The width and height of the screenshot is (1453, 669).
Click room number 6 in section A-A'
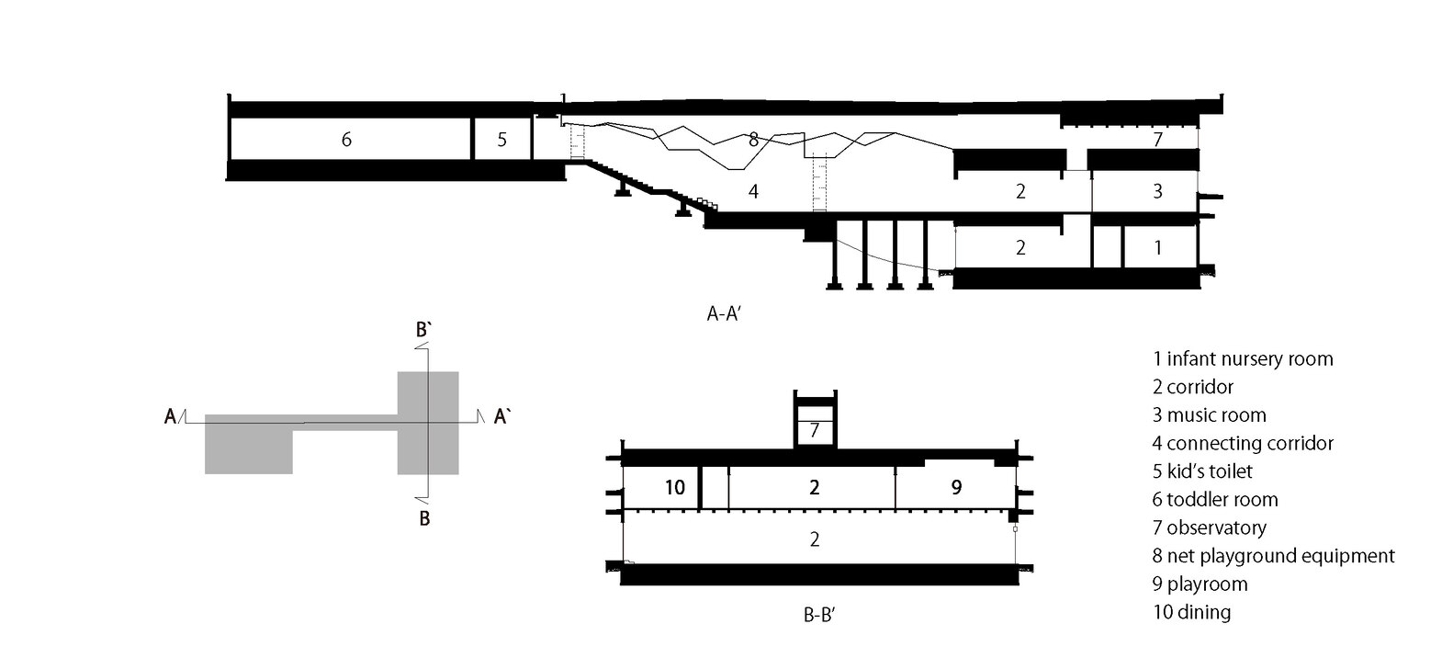pyautogui.click(x=346, y=140)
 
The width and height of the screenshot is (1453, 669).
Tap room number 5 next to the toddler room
pyautogui.click(x=501, y=140)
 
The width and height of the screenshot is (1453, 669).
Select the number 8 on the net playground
pyautogui.click(x=753, y=140)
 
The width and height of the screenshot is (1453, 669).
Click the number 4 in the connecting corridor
pyautogui.click(x=753, y=192)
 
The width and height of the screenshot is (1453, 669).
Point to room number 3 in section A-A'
pyautogui.click(x=1157, y=191)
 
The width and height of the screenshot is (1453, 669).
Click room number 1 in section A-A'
pyautogui.click(x=1157, y=247)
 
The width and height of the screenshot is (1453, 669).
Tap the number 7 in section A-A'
pyautogui.click(x=1157, y=140)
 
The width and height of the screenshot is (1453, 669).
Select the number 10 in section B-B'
pyautogui.click(x=674, y=487)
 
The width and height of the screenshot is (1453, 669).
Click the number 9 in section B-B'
pyautogui.click(x=956, y=487)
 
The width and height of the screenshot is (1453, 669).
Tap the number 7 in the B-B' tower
pyautogui.click(x=815, y=430)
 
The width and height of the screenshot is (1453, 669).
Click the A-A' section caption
pyautogui.click(x=731, y=313)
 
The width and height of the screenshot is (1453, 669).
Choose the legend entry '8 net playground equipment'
pyautogui.click(x=1273, y=556)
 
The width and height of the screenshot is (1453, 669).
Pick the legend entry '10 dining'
pyautogui.click(x=1191, y=612)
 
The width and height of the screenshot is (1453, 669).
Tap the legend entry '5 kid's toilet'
pyautogui.click(x=1202, y=471)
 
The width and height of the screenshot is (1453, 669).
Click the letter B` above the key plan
pyautogui.click(x=423, y=330)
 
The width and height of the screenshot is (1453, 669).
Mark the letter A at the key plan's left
pyautogui.click(x=170, y=418)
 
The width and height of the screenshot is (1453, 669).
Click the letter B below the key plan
pyautogui.click(x=424, y=518)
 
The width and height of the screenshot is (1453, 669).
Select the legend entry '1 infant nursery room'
pyautogui.click(x=1242, y=358)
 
